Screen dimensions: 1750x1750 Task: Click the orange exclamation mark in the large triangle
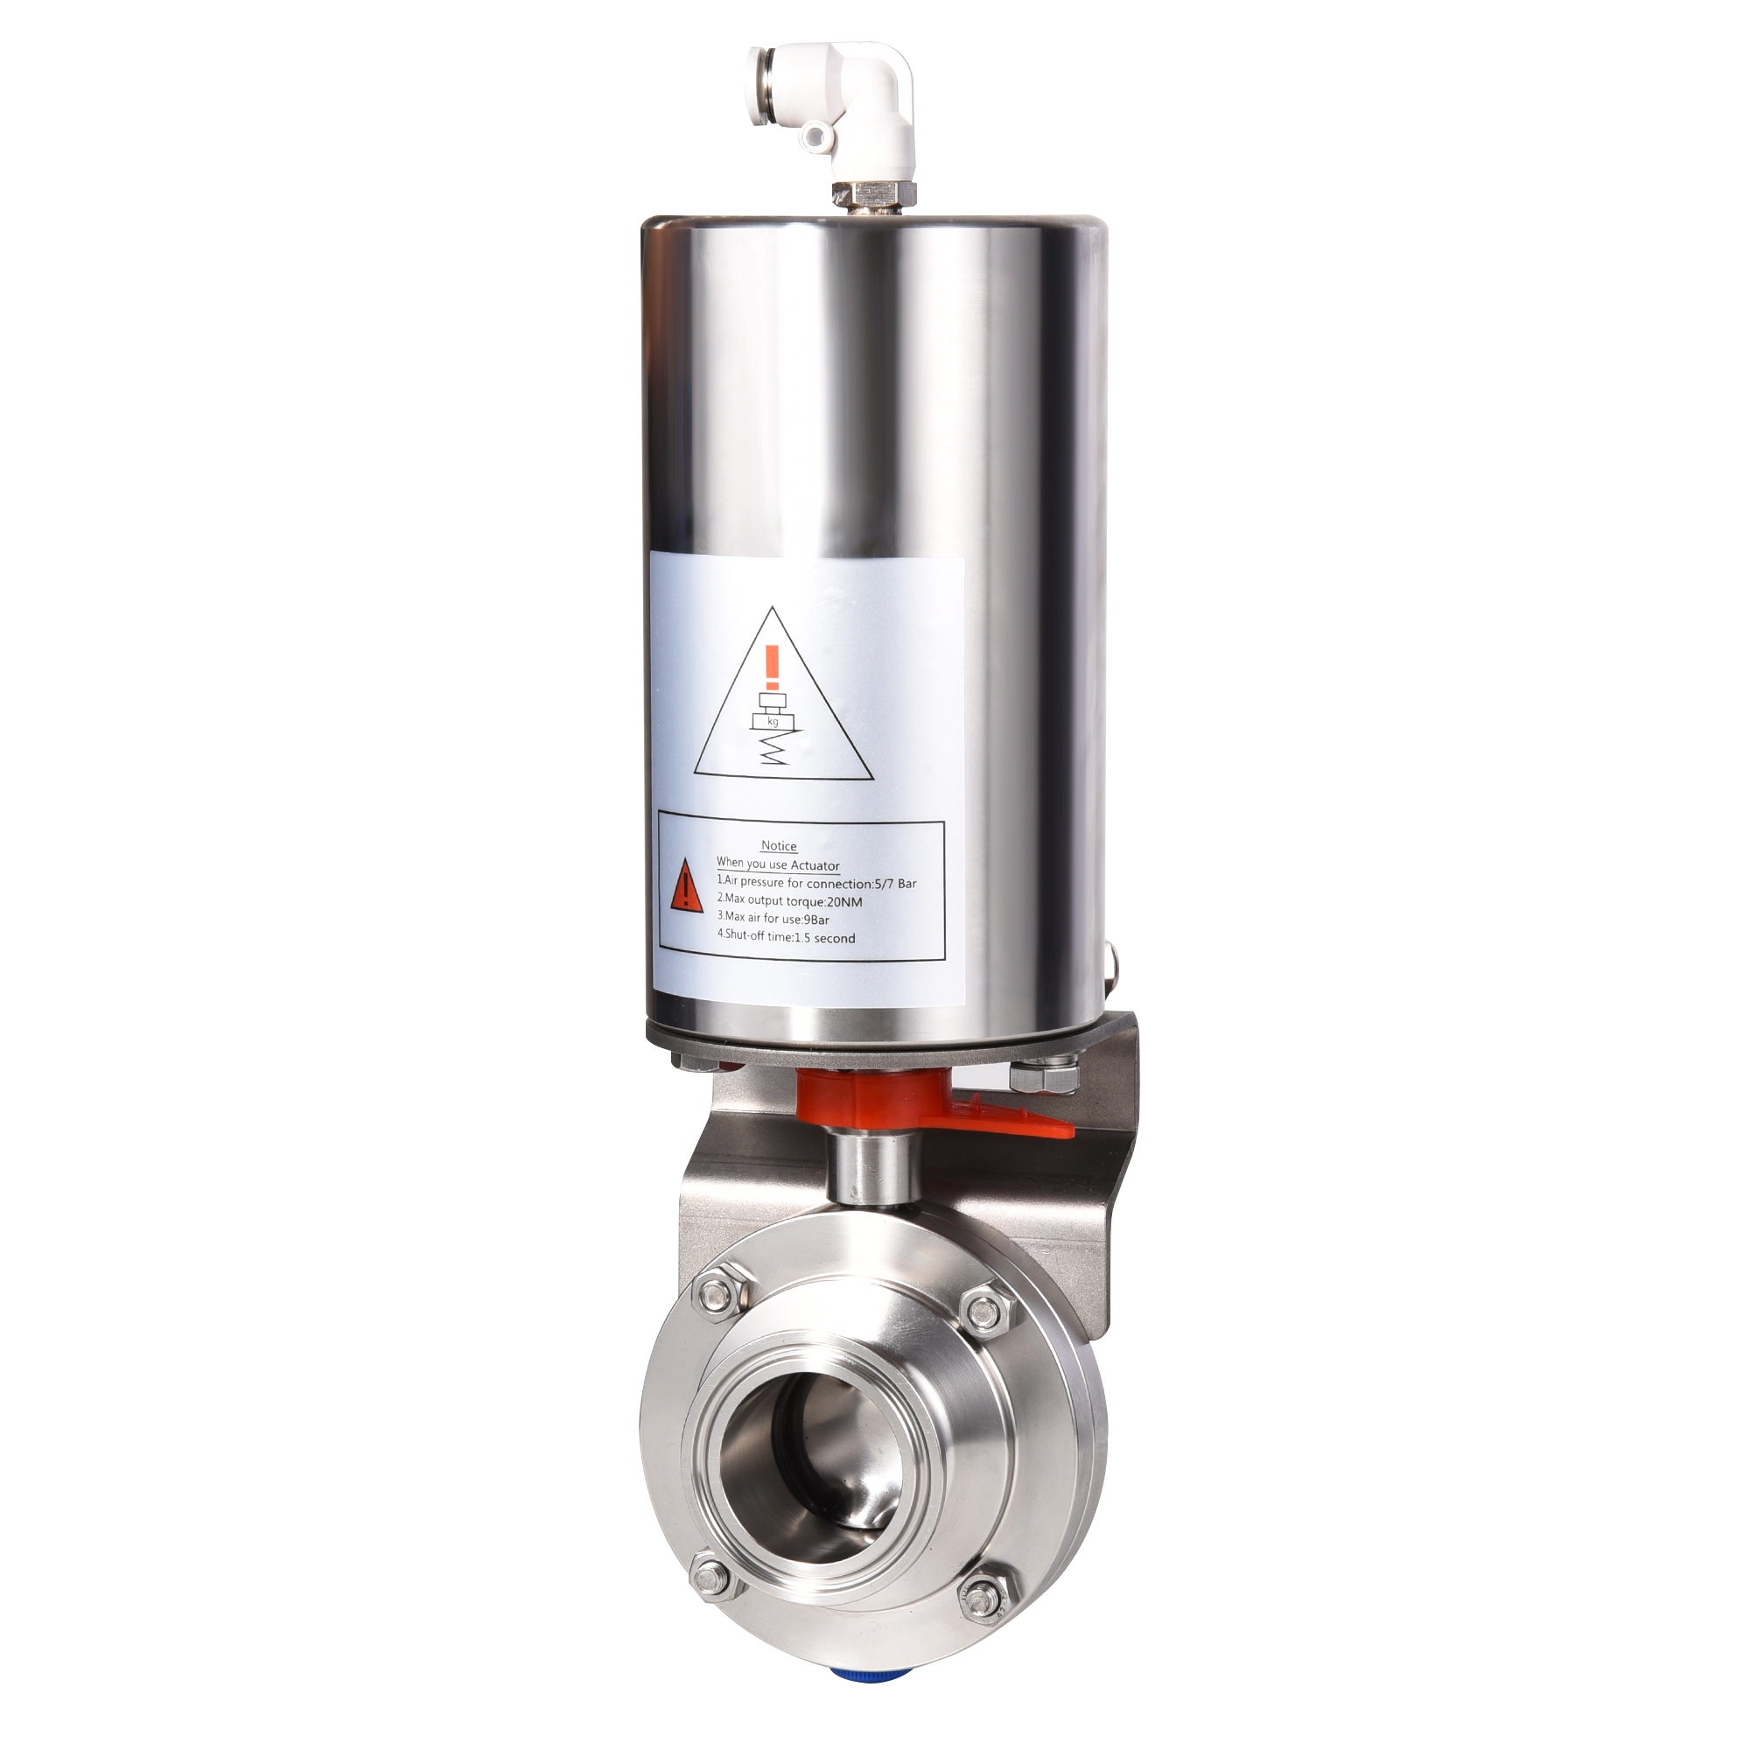(772, 668)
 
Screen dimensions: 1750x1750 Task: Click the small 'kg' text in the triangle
(773, 722)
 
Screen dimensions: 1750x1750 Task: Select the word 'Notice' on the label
(778, 846)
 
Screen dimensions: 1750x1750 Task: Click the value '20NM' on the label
(844, 901)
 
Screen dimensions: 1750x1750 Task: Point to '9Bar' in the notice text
(816, 920)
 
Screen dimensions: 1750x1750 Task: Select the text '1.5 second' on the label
(824, 938)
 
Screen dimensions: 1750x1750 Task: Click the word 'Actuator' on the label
(815, 865)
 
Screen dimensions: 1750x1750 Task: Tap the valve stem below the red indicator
(873, 1168)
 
